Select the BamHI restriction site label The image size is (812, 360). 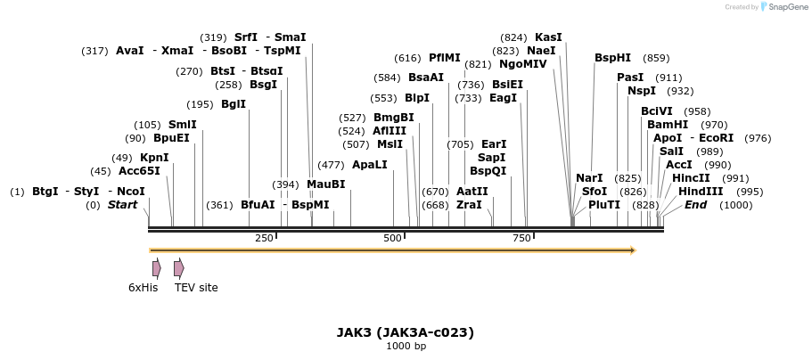pyautogui.click(x=668, y=125)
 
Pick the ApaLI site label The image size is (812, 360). pyautogui.click(x=370, y=165)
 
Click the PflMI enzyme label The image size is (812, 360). pyautogui.click(x=445, y=58)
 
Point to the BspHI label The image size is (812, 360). pyautogui.click(x=612, y=58)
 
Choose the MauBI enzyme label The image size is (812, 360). pyautogui.click(x=325, y=184)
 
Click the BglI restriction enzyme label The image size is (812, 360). pyautogui.click(x=234, y=104)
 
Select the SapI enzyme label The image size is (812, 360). pyautogui.click(x=492, y=158)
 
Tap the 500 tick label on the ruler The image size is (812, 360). pyautogui.click(x=393, y=238)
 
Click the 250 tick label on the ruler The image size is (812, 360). pyautogui.click(x=264, y=238)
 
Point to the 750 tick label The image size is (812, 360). pyautogui.click(x=522, y=238)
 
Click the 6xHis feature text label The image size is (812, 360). pyautogui.click(x=143, y=288)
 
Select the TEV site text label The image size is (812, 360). pyautogui.click(x=196, y=288)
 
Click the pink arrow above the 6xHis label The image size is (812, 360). pyautogui.click(x=157, y=268)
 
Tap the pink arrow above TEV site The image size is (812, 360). pyautogui.click(x=179, y=268)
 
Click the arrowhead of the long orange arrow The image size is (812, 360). pyautogui.click(x=632, y=250)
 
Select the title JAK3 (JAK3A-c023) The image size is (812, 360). pyautogui.click(x=406, y=332)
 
